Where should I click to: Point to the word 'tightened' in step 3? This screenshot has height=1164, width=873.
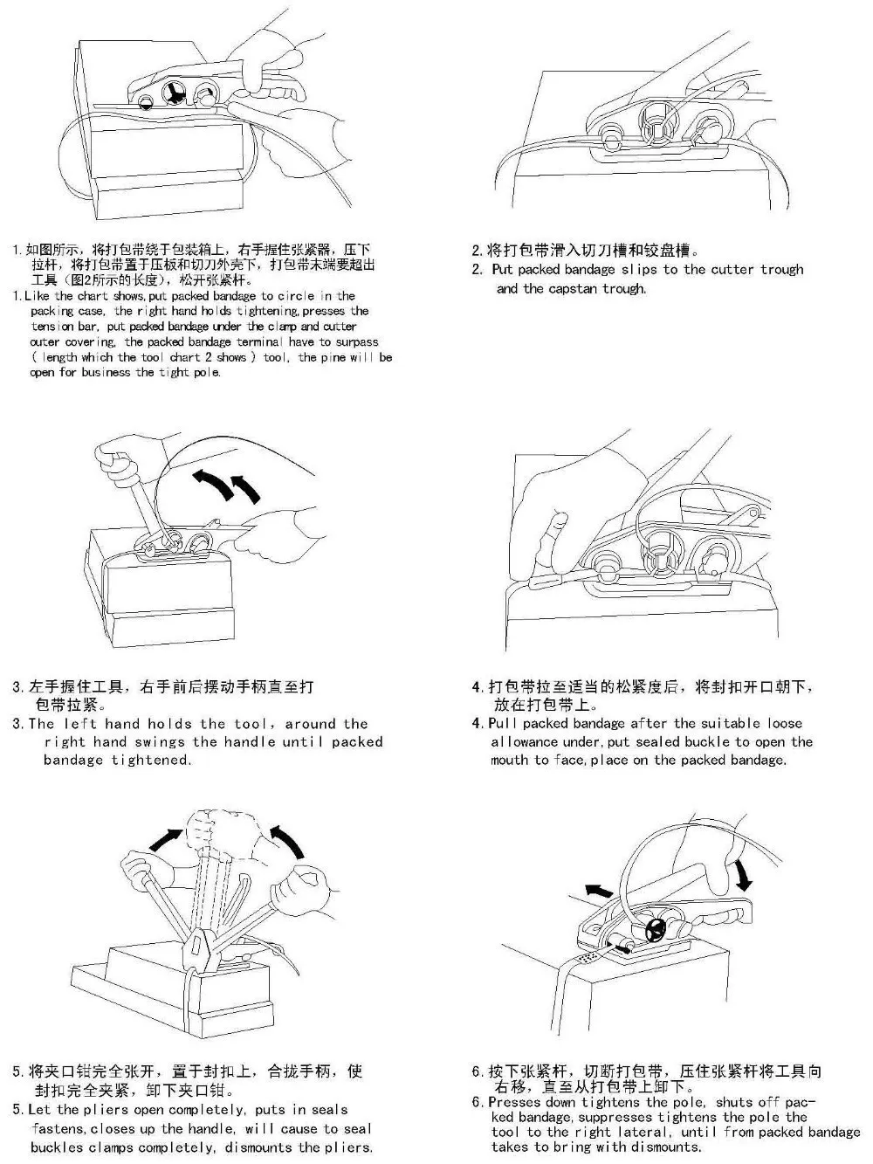click(x=150, y=761)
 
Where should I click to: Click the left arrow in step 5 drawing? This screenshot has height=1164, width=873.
click(x=167, y=839)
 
